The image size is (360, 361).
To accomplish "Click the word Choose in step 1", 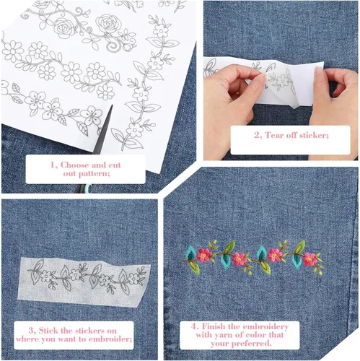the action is click(74, 165).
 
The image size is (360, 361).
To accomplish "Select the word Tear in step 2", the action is click(275, 135).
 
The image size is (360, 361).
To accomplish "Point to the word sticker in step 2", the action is click(314, 135).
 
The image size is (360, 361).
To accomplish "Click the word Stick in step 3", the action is click(49, 331).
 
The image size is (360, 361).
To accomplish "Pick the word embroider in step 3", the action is click(110, 339).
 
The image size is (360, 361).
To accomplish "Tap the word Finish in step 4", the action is click(214, 326).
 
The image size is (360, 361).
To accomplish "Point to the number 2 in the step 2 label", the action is click(258, 135).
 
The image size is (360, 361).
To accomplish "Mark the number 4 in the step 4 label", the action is click(195, 326).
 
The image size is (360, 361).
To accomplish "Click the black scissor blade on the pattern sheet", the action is click(104, 131).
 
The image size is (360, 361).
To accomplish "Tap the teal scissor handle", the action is click(87, 188).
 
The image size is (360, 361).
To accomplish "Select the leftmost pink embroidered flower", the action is click(204, 255).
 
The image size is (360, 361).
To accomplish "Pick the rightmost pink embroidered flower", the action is click(309, 259).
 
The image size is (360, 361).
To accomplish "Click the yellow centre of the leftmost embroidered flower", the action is click(204, 255).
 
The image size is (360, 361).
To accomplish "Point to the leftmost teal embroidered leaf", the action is click(190, 253).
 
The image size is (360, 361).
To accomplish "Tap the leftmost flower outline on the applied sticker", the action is click(46, 277).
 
